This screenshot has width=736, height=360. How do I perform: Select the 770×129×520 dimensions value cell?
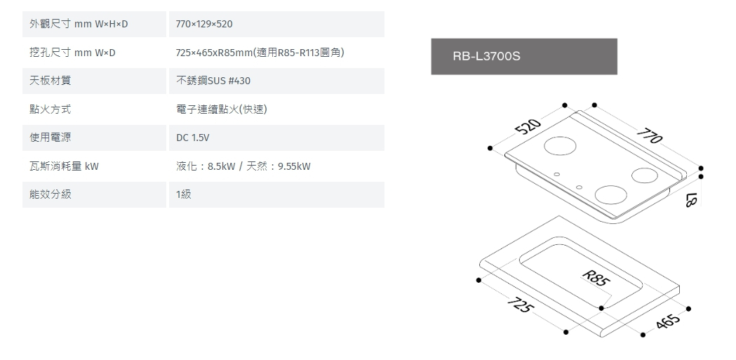point(205,25)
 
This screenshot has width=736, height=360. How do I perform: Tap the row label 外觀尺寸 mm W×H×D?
point(79,25)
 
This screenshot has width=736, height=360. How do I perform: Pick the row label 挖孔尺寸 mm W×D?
point(72,53)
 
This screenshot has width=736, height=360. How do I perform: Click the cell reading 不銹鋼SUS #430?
point(213,81)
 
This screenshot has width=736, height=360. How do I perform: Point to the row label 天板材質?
point(51,81)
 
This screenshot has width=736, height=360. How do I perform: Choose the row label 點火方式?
point(51,110)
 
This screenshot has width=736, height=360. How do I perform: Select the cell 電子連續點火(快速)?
point(222,110)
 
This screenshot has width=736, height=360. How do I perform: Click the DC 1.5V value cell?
point(192,138)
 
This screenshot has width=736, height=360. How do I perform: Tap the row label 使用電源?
point(51,138)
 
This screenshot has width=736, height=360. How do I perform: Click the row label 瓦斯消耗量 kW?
point(65,166)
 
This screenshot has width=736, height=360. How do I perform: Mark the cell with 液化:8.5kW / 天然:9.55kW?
point(243,166)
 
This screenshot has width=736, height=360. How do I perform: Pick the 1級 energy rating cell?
point(184,194)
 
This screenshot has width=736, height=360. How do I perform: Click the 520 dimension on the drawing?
point(527,127)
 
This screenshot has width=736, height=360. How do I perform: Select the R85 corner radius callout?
point(596,279)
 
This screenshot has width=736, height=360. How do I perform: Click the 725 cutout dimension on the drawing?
point(521,307)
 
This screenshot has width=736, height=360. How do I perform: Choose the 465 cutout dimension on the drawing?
point(669,321)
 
